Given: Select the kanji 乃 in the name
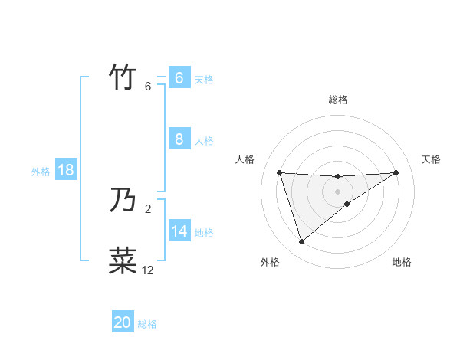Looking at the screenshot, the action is pos(123,201).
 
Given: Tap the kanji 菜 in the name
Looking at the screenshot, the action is pos(123,260).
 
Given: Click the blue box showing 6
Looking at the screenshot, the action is pos(179,77).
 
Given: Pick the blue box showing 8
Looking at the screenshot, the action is pos(179,139).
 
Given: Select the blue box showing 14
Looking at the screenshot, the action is pos(179,231).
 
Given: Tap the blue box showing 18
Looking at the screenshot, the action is pos(66,170).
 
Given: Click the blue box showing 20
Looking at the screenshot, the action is pos(123,322).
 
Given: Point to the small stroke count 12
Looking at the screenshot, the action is pos(147,270).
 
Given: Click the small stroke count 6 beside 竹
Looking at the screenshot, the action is pos(148,86).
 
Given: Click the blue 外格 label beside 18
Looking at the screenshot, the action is pos(41,172).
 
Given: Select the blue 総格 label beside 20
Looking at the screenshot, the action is pos(147,324).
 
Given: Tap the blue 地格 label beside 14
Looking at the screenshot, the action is pos(204,233).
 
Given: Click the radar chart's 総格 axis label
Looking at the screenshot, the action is pos(338,100).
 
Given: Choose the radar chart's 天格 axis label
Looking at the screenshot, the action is pos(432,159).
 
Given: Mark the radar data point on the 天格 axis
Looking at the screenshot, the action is pos(396,172).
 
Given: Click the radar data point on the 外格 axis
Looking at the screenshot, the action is pos(301,242).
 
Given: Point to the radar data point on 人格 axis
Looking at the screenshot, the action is pos(280,172).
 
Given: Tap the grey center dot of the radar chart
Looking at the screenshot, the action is pos(338,191).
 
